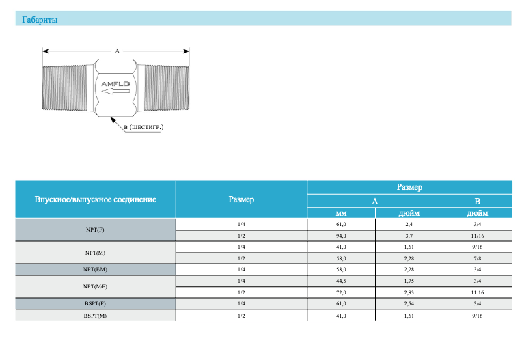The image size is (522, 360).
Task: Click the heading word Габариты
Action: (40, 20)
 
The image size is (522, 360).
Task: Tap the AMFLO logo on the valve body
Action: (115, 84)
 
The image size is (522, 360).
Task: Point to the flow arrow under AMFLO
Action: (115, 91)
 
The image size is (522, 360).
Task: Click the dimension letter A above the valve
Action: (118, 51)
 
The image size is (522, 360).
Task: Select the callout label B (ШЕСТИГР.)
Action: (143, 127)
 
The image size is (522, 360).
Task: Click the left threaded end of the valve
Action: (65, 88)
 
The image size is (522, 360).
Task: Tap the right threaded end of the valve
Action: (167, 87)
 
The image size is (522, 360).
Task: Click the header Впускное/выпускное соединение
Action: (95, 199)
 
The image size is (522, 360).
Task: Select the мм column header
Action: (341, 213)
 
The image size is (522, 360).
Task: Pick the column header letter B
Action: (478, 202)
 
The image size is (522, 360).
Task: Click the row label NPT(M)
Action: (95, 253)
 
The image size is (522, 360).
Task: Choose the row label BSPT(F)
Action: (95, 303)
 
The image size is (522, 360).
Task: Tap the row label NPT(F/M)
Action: (95, 270)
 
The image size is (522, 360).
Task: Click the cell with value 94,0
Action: (341, 236)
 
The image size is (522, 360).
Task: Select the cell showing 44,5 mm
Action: (341, 281)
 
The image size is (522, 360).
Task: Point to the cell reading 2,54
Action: (409, 303)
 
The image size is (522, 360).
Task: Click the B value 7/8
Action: (478, 258)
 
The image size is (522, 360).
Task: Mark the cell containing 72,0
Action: (341, 293)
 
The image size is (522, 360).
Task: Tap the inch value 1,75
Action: (409, 281)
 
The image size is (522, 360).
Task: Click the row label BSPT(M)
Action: (95, 316)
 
